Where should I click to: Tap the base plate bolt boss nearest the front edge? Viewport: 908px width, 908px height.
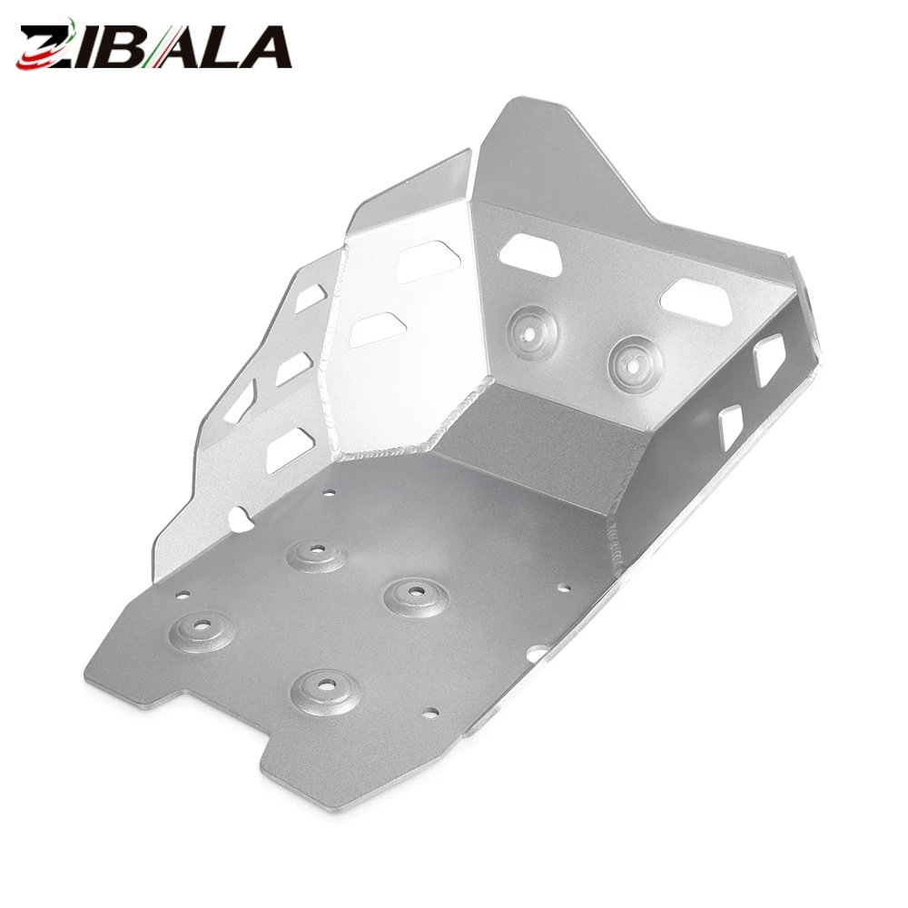pyautogui.click(x=325, y=689)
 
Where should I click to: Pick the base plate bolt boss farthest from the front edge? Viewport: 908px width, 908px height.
pyautogui.click(x=316, y=552)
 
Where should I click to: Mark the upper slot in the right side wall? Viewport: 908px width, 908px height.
pyautogui.click(x=769, y=360)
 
